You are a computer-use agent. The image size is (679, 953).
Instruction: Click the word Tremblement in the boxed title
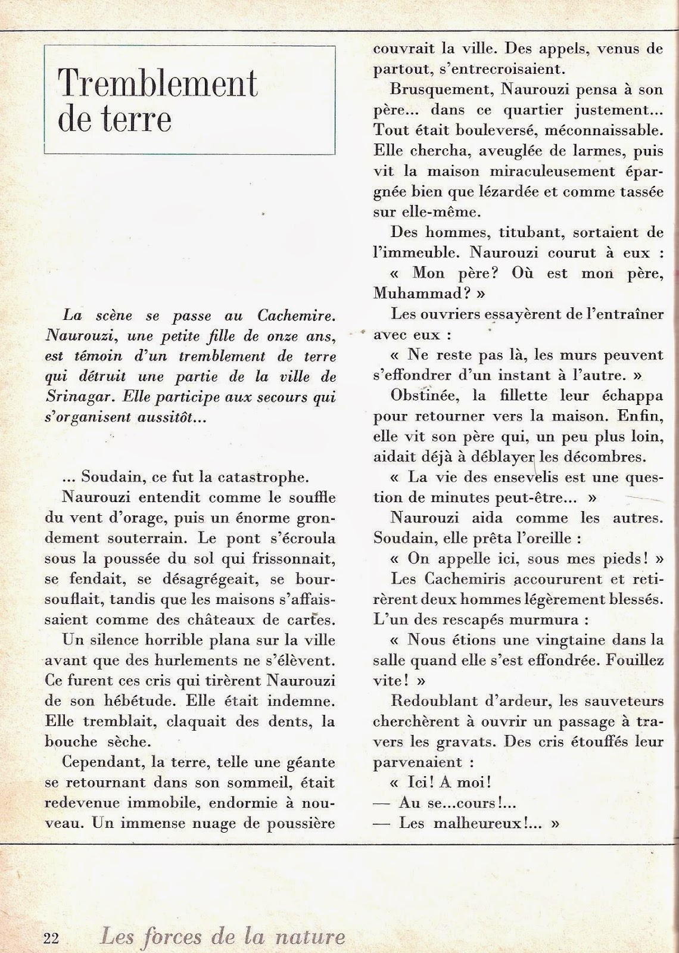pos(158,85)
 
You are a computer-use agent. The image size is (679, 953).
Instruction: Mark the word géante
pos(307,762)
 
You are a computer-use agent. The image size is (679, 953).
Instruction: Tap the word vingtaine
pos(556,640)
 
